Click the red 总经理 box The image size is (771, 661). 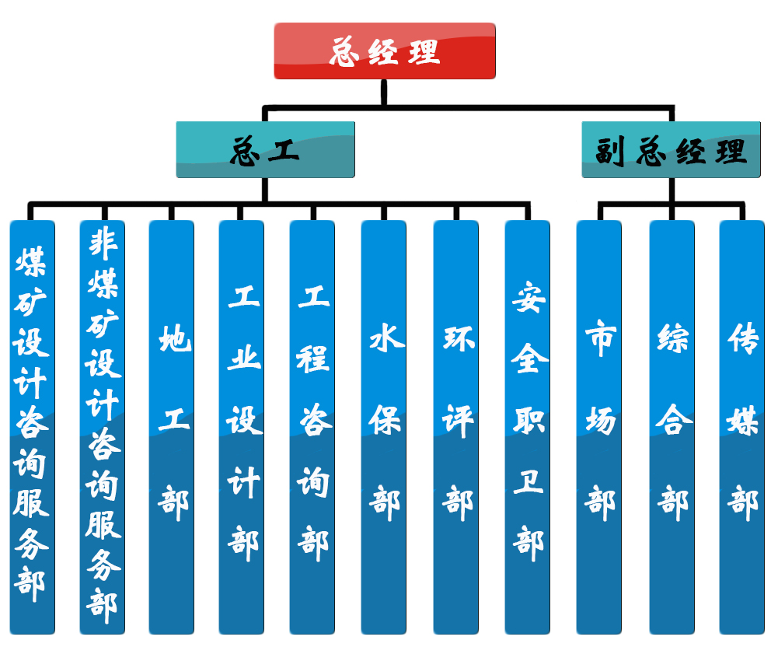(x=385, y=51)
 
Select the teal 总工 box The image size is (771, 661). (x=265, y=149)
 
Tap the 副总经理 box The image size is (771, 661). (x=671, y=149)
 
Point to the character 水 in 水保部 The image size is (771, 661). (x=385, y=340)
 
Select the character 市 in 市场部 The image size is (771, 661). (x=600, y=339)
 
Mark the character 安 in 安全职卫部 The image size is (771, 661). (x=529, y=297)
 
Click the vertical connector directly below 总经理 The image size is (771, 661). (x=385, y=92)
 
